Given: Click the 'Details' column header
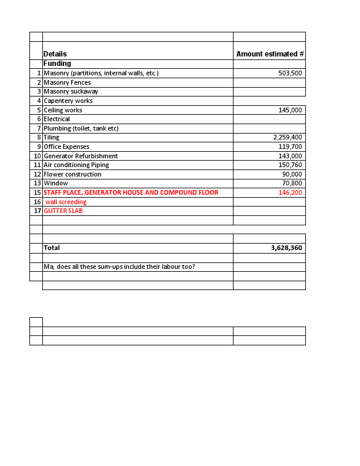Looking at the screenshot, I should pos(55,54).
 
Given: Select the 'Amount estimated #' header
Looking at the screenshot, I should pos(269,54).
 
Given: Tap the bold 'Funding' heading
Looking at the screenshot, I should pos(57,64).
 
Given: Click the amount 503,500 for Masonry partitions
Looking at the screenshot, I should pos(290,74).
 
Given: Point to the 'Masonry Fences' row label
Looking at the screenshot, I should pos(67,83).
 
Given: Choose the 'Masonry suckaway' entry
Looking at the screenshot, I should pos(71,92).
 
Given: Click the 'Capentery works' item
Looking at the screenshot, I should pos(68,101).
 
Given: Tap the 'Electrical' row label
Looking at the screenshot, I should pos(56,119).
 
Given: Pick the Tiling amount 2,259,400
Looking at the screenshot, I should pos(288,138).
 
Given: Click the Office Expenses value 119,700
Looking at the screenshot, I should pos(290,147).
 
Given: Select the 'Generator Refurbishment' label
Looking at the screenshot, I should pos(81,156).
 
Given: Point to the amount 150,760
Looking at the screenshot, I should pos(290,165).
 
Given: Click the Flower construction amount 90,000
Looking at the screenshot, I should pos(292,175).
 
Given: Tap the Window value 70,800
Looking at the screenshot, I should pos(292,184).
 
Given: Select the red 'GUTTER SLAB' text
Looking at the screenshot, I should pos(63,211).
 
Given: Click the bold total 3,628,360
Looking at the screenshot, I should pos(286,248).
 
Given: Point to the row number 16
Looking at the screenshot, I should pos(36,202).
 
